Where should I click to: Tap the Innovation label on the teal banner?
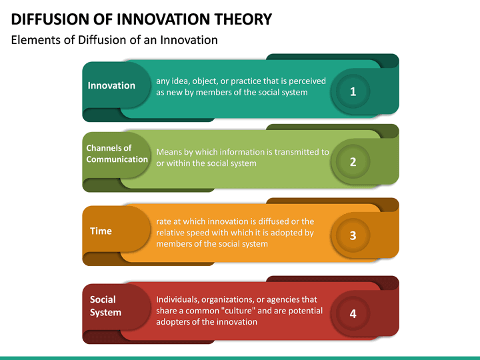pyautogui.click(x=111, y=85)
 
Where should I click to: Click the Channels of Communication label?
pyautogui.click(x=117, y=153)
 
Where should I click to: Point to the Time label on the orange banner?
pyautogui.click(x=101, y=231)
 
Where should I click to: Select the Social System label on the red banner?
pyautogui.click(x=105, y=306)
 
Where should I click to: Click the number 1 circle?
pyautogui.click(x=353, y=92)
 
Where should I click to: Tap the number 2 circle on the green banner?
pyautogui.click(x=353, y=162)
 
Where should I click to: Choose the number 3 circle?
pyautogui.click(x=353, y=235)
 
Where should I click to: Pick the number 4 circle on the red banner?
pyautogui.click(x=353, y=313)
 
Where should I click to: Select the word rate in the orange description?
pyautogui.click(x=165, y=221)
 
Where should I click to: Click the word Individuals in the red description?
pyautogui.click(x=178, y=299)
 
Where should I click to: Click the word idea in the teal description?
pyautogui.click(x=183, y=81)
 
